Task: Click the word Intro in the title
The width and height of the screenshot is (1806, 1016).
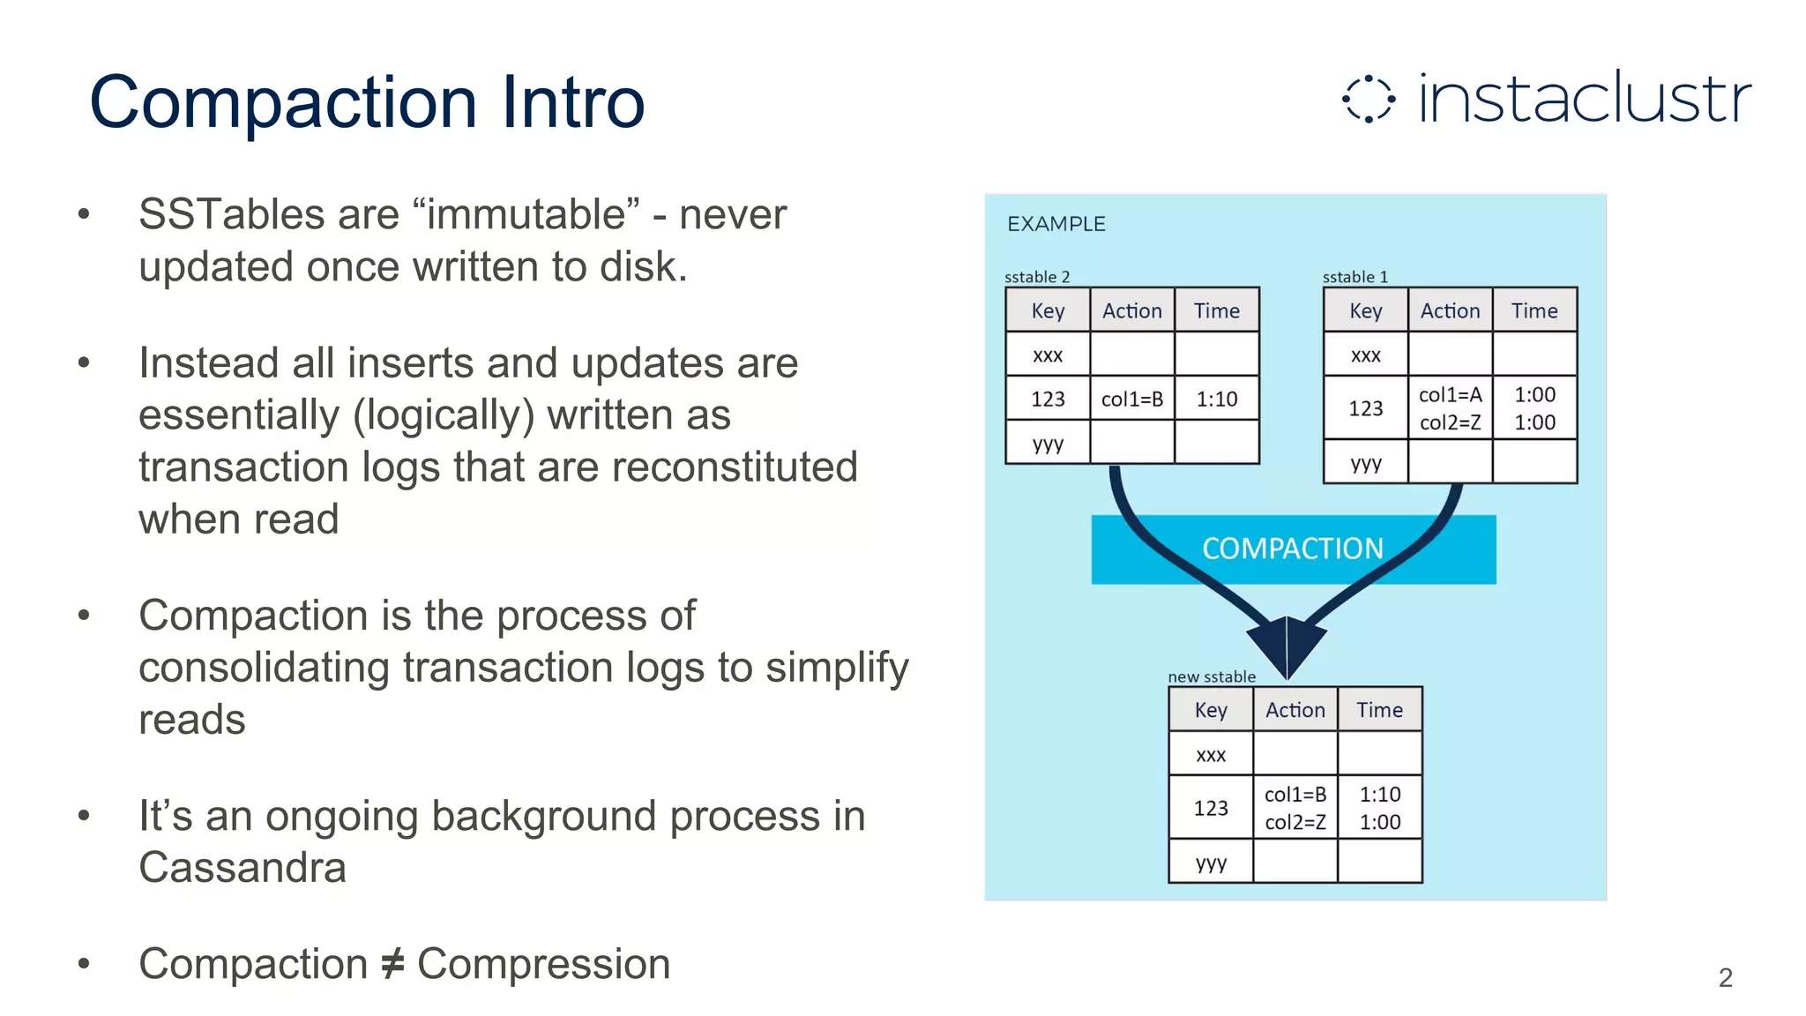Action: pyautogui.click(x=573, y=102)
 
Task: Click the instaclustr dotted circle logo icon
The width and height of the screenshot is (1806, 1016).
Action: pyautogui.click(x=1368, y=99)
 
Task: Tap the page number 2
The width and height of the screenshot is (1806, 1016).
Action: pyautogui.click(x=1725, y=977)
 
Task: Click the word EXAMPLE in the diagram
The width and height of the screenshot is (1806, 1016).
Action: pyautogui.click(x=1056, y=224)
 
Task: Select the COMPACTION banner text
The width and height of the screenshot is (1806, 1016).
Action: pyautogui.click(x=1293, y=549)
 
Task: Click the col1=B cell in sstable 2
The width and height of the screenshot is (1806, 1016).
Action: pyautogui.click(x=1132, y=400)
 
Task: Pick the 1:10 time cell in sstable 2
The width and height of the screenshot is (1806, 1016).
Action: pyautogui.click(x=1217, y=400)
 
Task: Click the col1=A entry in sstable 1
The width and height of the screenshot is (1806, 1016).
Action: pyautogui.click(x=1450, y=395)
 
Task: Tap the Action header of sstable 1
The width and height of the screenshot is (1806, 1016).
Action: pyautogui.click(x=1450, y=310)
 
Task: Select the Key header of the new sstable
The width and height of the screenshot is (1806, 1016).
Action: pyautogui.click(x=1211, y=710)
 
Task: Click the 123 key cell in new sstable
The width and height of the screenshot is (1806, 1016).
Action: pyautogui.click(x=1211, y=808)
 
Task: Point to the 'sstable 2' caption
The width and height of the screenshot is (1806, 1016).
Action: pyautogui.click(x=1037, y=277)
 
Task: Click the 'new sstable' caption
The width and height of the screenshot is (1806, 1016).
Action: pyautogui.click(x=1212, y=676)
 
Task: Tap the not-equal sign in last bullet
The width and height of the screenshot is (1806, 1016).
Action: pyautogui.click(x=392, y=963)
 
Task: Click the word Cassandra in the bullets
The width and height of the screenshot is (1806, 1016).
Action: pyautogui.click(x=243, y=867)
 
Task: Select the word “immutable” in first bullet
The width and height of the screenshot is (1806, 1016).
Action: pyautogui.click(x=526, y=214)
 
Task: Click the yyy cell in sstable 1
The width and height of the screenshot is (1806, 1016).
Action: pyautogui.click(x=1365, y=463)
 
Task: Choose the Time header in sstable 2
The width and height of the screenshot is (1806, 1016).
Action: pyautogui.click(x=1217, y=310)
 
